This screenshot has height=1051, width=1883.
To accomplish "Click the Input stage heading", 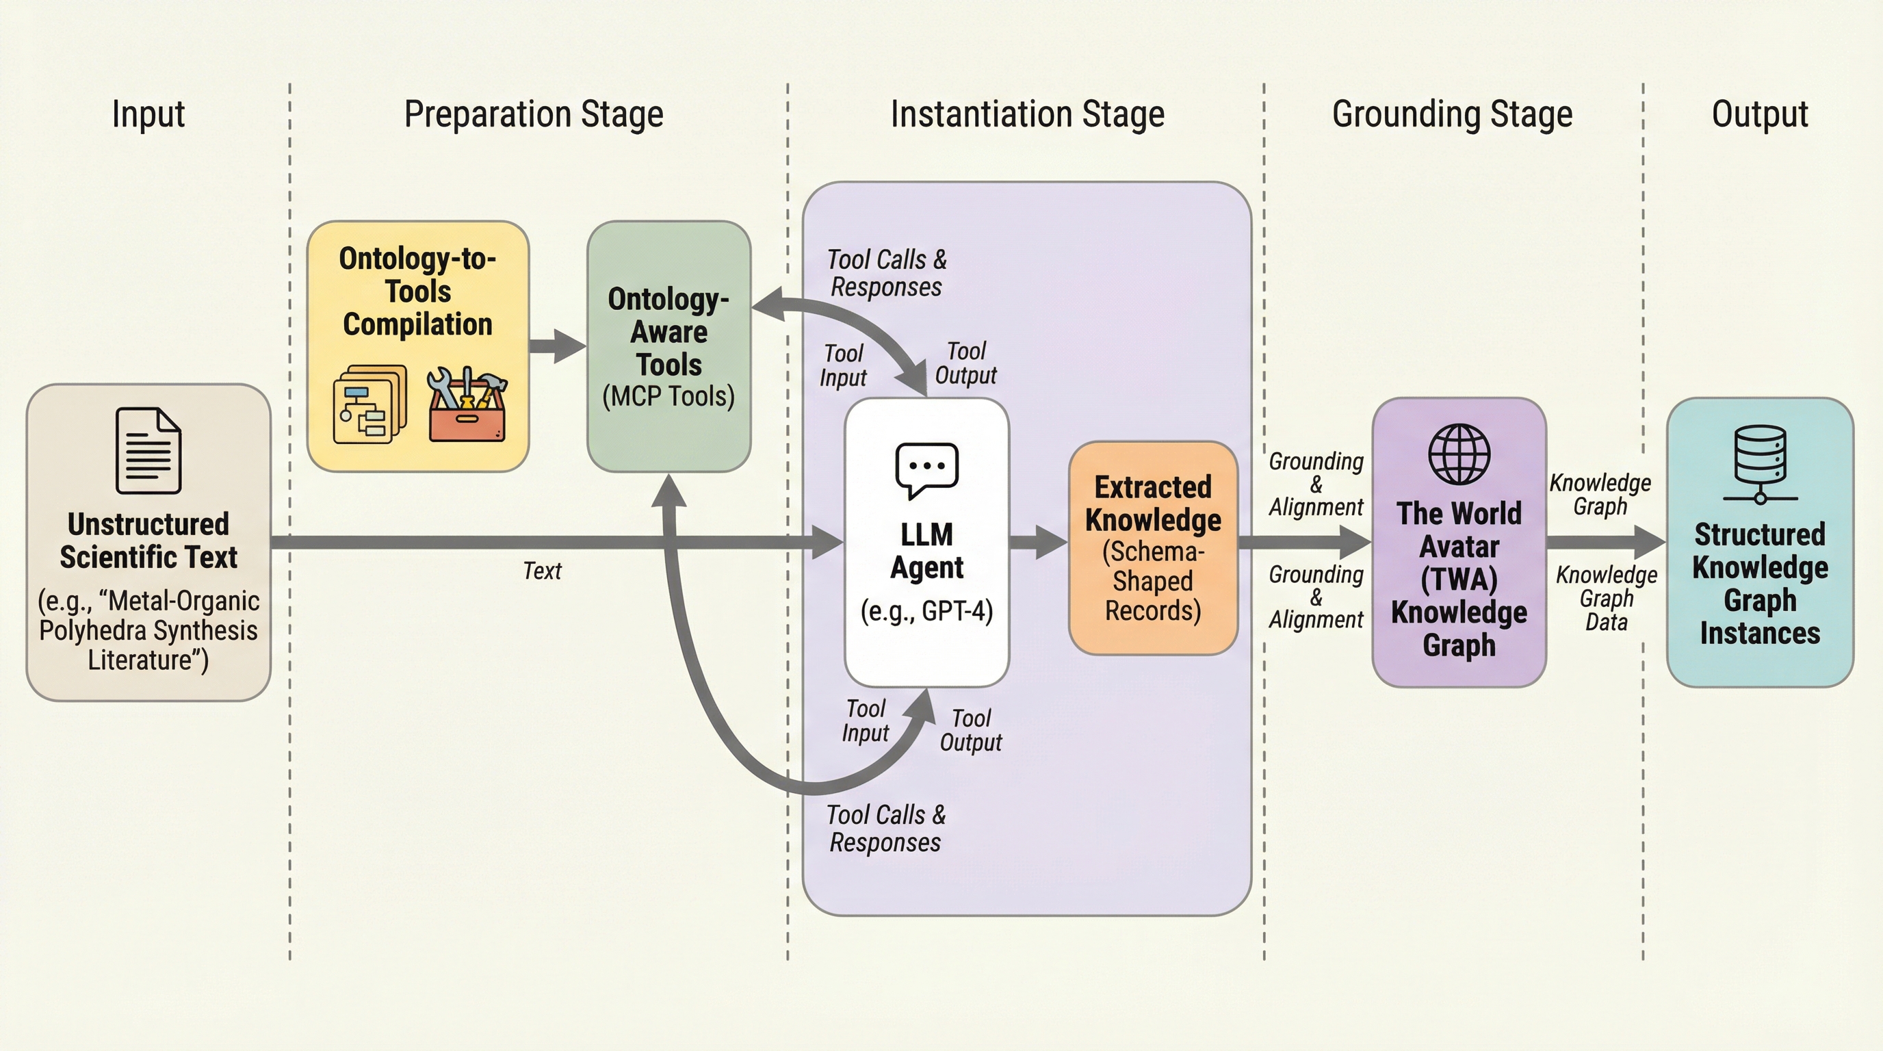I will pos(148,114).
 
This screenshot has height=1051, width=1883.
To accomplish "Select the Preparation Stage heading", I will pos(534,114).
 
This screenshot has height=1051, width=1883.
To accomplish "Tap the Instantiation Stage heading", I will pos(1027,114).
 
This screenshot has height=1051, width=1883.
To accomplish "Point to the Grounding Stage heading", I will pos(1452,114).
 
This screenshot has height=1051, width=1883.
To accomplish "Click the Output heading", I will pos(1759,114).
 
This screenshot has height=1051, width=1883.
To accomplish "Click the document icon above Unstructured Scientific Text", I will pos(148,450).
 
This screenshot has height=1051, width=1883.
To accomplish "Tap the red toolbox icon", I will pos(467,406).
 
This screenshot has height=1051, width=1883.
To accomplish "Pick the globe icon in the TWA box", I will pos(1459,454).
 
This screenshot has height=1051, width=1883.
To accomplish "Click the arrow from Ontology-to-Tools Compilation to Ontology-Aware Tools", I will pos(557,346).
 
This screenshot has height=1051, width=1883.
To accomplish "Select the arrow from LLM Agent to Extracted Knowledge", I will pos(1038,541).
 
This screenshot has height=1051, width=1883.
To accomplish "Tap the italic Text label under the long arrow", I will pos(542,571).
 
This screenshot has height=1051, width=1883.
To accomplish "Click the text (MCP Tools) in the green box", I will pos(668,396).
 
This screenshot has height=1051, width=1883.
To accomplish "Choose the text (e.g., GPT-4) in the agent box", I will pos(926,611).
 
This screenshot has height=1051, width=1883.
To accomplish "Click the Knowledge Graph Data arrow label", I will pos(1606,598).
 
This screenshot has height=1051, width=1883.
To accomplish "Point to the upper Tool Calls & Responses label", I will pos(886,272).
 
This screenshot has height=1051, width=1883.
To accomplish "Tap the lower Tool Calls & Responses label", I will pos(885,828).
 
